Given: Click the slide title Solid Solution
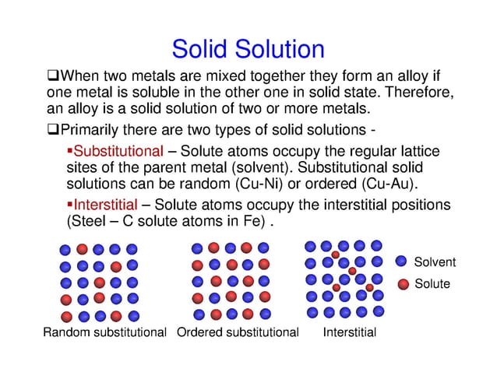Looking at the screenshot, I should click(x=248, y=50).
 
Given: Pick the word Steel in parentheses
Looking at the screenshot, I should click(x=90, y=222).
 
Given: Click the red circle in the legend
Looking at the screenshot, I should click(x=403, y=283).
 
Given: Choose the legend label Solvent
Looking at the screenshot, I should click(x=434, y=262).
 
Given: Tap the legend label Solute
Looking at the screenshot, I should click(x=432, y=283).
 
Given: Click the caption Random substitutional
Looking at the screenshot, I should click(x=104, y=333).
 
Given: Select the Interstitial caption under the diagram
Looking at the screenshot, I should click(x=350, y=333).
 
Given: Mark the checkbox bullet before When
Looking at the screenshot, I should click(x=53, y=75).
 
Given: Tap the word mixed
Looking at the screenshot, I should click(x=217, y=75).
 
